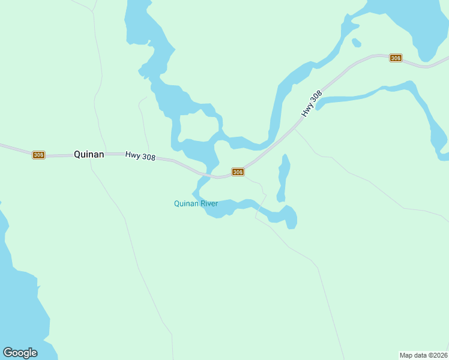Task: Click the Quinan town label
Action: pyautogui.click(x=89, y=154)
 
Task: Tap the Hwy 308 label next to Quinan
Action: pyautogui.click(x=140, y=156)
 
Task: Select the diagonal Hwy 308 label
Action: pyautogui.click(x=312, y=103)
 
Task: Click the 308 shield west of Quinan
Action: pyautogui.click(x=38, y=155)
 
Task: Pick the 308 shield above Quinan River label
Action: pyautogui.click(x=238, y=172)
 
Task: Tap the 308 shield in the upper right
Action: pyautogui.click(x=395, y=58)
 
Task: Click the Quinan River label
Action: pyautogui.click(x=196, y=203)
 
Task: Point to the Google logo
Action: pyautogui.click(x=20, y=352)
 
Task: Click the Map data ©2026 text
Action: pyautogui.click(x=423, y=355)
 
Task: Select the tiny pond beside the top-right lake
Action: pyautogui.click(x=357, y=43)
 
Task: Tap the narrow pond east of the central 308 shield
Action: pyautogui.click(x=283, y=177)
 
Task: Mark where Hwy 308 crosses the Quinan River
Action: pyautogui.click(x=210, y=175)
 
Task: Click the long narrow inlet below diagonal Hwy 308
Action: pyautogui.click(x=360, y=96)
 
